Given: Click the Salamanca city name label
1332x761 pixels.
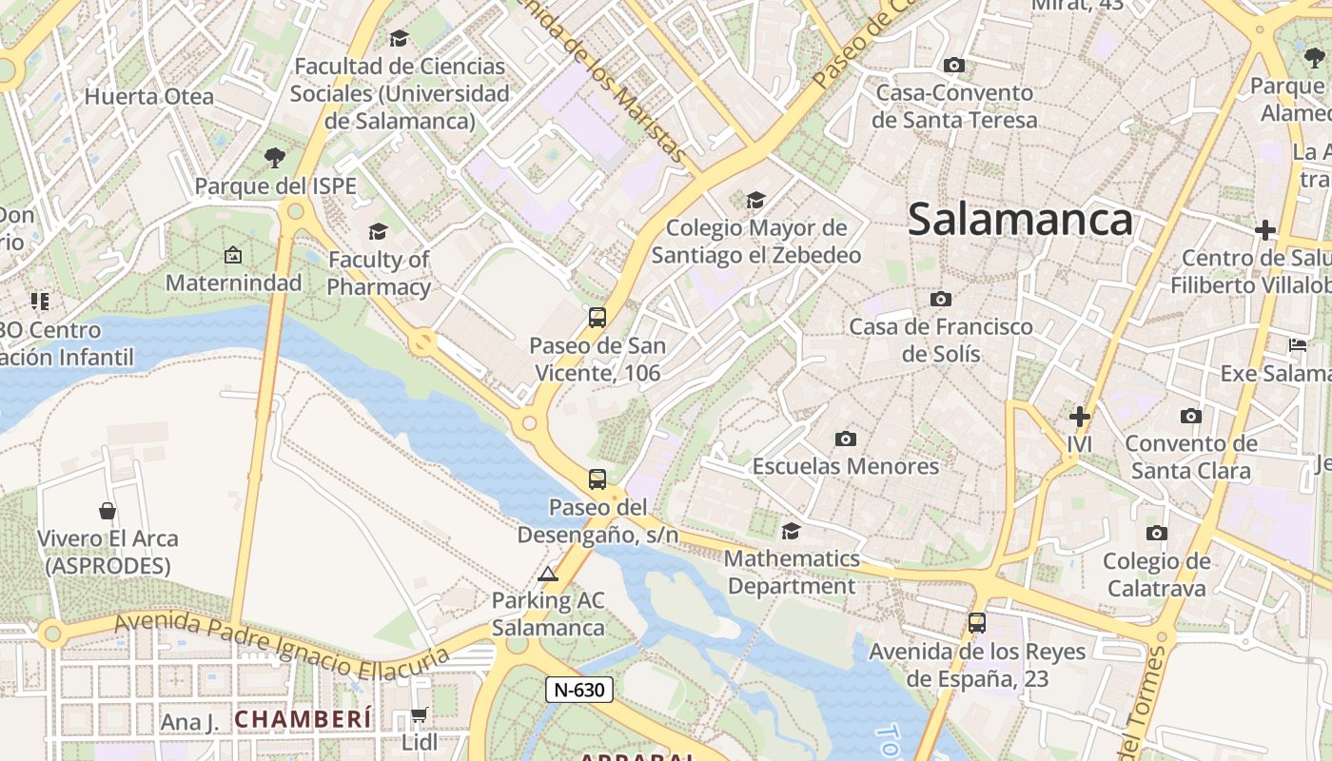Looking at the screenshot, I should [x=1020, y=220].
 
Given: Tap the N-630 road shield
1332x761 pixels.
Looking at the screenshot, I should [x=578, y=690].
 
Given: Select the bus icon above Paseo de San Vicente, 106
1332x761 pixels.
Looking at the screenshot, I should [x=597, y=318].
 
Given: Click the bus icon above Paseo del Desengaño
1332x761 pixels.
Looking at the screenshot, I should [x=597, y=479].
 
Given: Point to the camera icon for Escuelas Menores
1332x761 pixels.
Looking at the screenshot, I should [x=845, y=439].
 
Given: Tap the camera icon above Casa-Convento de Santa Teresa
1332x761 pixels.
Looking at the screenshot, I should [x=953, y=65].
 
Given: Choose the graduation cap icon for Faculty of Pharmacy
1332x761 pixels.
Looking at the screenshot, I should [x=378, y=231].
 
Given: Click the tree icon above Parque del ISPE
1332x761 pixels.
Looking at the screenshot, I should [x=275, y=157].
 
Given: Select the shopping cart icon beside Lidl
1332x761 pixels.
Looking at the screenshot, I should [x=419, y=714].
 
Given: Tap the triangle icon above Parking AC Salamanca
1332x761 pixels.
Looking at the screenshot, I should [x=547, y=574].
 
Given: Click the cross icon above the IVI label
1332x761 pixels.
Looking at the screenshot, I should [x=1079, y=416].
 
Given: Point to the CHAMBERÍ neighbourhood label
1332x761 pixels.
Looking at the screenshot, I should [x=304, y=719].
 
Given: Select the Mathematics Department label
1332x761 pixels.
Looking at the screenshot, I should [x=792, y=572].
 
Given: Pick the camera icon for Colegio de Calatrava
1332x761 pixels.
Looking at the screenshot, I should [x=1156, y=533].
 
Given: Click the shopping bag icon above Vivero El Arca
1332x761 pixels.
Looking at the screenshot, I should [x=108, y=511].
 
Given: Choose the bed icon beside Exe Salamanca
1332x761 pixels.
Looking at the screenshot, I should [x=1298, y=345].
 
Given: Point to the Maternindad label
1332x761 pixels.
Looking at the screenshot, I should [x=233, y=283].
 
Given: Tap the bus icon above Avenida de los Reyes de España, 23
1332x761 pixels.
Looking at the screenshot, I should [x=976, y=623].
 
